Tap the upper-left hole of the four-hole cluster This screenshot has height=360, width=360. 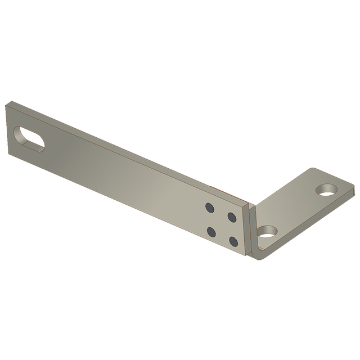(209, 207)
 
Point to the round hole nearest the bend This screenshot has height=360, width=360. (267, 231)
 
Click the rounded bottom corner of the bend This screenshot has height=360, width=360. (254, 258)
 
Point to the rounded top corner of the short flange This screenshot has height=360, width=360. (313, 169)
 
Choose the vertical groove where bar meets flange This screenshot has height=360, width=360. (250, 231)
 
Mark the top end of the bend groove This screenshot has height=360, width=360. (251, 205)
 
